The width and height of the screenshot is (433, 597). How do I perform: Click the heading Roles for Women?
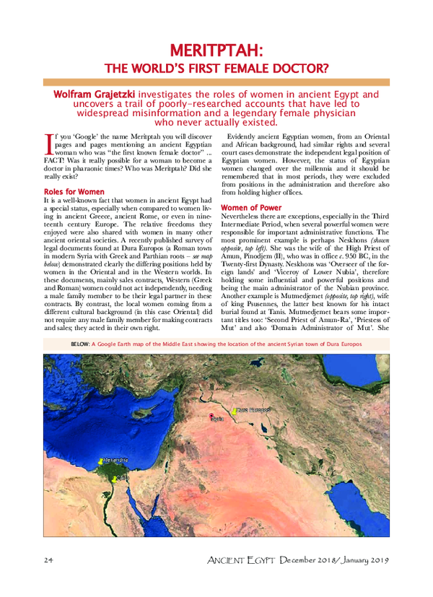pos(74,192)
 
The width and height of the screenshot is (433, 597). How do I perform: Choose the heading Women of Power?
pos(250,208)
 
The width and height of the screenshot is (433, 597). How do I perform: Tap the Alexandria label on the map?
pos(115,459)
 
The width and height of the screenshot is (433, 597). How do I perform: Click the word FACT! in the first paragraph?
pos(56,159)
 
